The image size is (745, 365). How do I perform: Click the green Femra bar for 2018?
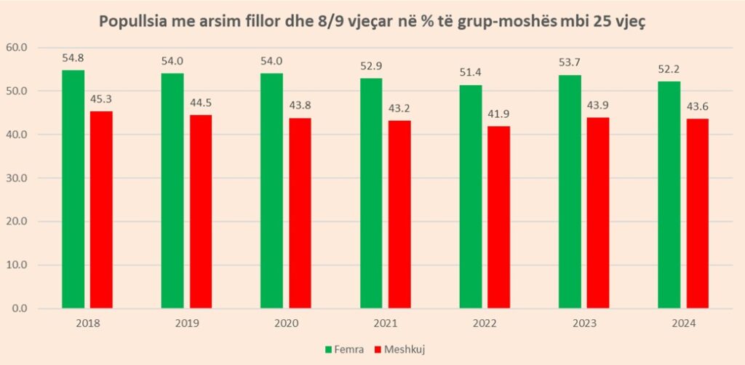[x=73, y=189]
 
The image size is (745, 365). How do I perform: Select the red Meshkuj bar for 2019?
[x=201, y=212]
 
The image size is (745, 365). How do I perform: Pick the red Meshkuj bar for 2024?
[x=698, y=214]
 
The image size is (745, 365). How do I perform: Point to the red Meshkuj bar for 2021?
[x=399, y=214]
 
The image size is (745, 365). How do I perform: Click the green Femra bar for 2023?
[x=570, y=192]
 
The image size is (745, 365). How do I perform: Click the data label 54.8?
[x=73, y=58]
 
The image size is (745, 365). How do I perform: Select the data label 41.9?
[x=499, y=114]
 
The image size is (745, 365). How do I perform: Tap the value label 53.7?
[x=570, y=63]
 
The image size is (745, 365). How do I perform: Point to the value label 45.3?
[x=102, y=99]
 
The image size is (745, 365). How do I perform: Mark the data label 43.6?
[x=698, y=107]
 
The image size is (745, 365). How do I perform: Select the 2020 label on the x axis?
[x=286, y=324]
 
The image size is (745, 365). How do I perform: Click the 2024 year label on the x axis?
[x=683, y=324]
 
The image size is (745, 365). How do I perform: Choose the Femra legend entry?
[x=344, y=350]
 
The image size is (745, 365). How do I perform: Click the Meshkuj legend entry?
[x=399, y=350]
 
